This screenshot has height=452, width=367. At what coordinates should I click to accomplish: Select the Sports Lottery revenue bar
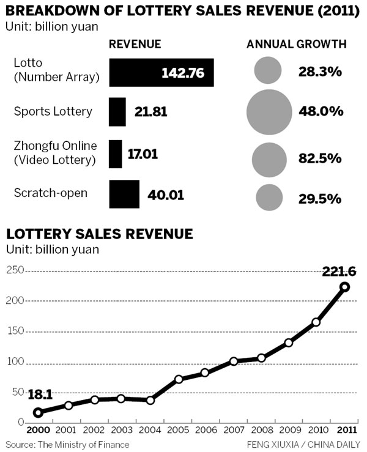117,112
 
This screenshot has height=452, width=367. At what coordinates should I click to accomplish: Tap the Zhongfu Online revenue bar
115,154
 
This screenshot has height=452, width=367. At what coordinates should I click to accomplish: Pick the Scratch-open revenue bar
124,194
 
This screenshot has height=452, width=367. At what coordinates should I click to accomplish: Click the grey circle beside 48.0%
269,112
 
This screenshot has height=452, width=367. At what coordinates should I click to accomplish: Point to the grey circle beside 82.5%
269,158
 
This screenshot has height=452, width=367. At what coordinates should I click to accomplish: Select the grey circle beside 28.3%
268,71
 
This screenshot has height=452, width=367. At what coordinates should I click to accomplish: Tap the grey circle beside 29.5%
269,197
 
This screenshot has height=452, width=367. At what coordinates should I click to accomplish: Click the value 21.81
150,113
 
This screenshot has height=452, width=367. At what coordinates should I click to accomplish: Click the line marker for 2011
345,287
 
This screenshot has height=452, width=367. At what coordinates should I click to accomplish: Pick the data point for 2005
179,379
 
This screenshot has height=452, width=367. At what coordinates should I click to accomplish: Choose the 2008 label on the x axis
261,431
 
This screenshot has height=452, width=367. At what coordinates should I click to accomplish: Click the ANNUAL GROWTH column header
297,45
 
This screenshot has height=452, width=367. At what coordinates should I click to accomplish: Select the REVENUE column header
135,45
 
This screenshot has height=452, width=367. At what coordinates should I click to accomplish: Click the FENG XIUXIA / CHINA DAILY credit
303,443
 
